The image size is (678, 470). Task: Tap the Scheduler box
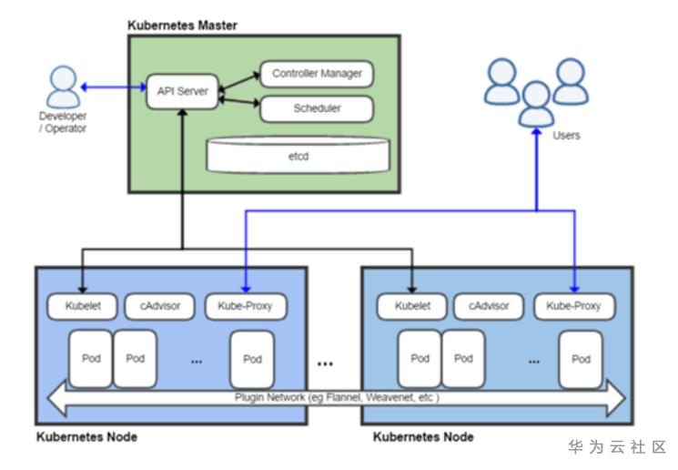pyautogui.click(x=317, y=108)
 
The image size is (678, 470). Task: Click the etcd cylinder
pyautogui.click(x=299, y=155)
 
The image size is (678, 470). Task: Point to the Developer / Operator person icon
pyautogui.click(x=61, y=88)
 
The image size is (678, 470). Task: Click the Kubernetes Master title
pyautogui.click(x=182, y=26)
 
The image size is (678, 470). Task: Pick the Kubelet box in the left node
pyautogui.click(x=80, y=306)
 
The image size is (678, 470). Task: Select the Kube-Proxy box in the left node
pyautogui.click(x=246, y=306)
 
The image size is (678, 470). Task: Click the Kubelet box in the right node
pyautogui.click(x=411, y=306)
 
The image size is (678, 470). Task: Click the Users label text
pyautogui.click(x=566, y=136)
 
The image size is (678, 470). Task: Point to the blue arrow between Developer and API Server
pyautogui.click(x=113, y=87)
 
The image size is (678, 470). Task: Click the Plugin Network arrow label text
pyautogui.click(x=334, y=398)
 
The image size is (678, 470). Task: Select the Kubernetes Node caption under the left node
pyautogui.click(x=87, y=437)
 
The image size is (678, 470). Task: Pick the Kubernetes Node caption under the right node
pyautogui.click(x=423, y=437)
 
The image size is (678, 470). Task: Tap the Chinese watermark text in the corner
pyautogui.click(x=617, y=447)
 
